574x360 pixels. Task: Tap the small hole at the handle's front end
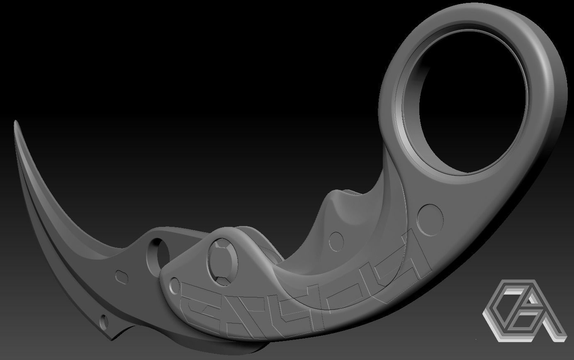click(175, 285)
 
